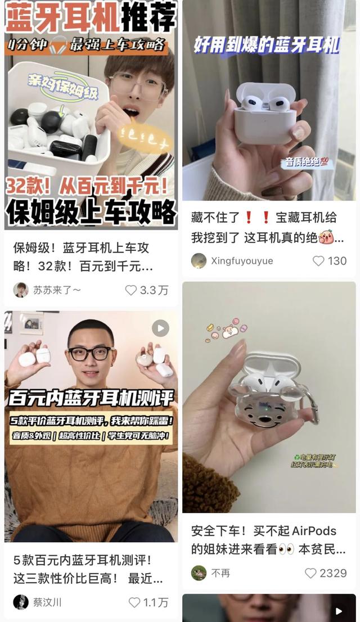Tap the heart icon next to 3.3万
pyautogui.click(x=131, y=290)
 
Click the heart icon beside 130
pyautogui.click(x=318, y=261)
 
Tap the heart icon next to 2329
pyautogui.click(x=310, y=573)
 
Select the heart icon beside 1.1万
pyautogui.click(x=134, y=602)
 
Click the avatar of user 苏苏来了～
pyautogui.click(x=21, y=290)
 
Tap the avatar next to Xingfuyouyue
pyautogui.click(x=199, y=261)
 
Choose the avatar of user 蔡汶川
pyautogui.click(x=21, y=602)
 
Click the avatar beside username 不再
pyautogui.click(x=199, y=573)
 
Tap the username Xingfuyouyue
pyautogui.click(x=242, y=261)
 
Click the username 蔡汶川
pyautogui.click(x=47, y=602)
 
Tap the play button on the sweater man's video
pyautogui.click(x=160, y=328)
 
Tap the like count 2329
pyautogui.click(x=333, y=573)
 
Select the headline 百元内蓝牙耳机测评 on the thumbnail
pyautogui.click(x=90, y=398)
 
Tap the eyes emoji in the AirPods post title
pyautogui.click(x=286, y=549)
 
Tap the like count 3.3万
pyautogui.click(x=154, y=290)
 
